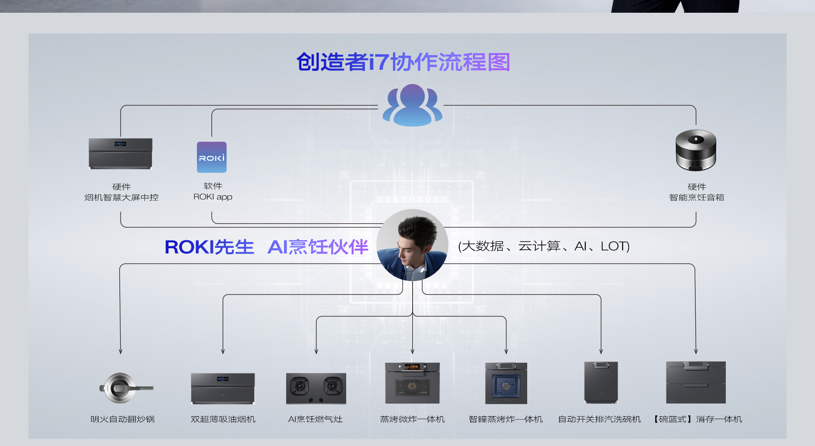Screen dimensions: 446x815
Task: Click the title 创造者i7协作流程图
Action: point(403,62)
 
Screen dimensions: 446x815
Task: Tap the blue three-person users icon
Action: point(412,105)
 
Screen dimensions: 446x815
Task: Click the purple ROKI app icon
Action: point(211,157)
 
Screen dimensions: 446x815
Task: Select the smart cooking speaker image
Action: point(696,150)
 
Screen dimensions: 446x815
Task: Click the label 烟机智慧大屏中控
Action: point(121,197)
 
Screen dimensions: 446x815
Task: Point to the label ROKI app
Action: point(213,197)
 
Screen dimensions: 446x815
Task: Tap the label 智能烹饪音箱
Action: point(697,197)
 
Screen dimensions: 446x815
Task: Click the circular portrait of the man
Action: point(412,245)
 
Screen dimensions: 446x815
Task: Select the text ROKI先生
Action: point(209,247)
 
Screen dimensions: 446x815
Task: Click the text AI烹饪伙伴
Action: point(318,247)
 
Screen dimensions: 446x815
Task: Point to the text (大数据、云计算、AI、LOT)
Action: point(544,246)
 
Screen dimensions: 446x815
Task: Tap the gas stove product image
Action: point(316,388)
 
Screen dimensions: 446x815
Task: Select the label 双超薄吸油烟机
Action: point(223,419)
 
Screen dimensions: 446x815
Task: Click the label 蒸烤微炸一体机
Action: point(412,419)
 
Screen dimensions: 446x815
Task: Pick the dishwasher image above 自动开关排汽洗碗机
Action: point(601,382)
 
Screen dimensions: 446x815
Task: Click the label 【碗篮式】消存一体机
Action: point(697,419)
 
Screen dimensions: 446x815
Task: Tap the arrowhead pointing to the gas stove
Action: point(316,351)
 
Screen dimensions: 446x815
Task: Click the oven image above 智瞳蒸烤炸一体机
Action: point(506,383)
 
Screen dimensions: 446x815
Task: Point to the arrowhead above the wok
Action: point(121,351)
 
